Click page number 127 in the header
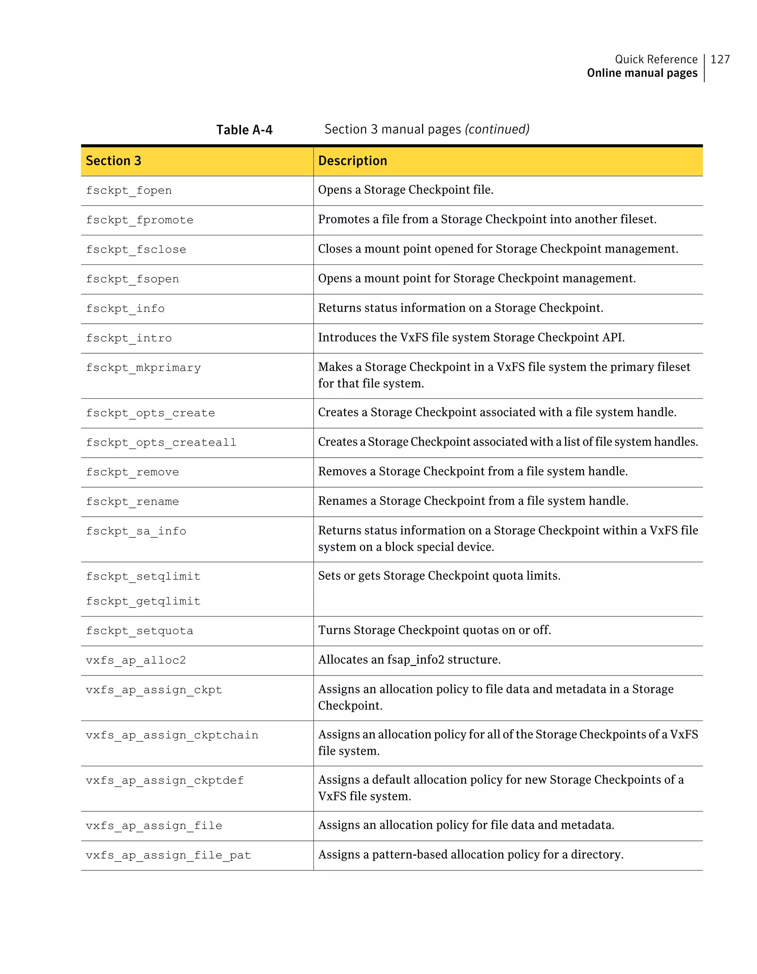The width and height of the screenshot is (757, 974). click(x=720, y=59)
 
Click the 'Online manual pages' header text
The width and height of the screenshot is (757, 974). click(x=642, y=73)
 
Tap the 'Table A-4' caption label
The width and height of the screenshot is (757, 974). click(x=244, y=130)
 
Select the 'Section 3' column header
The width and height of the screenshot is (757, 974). click(x=113, y=161)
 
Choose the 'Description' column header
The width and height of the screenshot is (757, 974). click(x=352, y=161)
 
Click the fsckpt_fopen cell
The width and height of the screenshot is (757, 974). click(x=129, y=191)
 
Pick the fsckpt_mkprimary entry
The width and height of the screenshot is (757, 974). click(x=143, y=368)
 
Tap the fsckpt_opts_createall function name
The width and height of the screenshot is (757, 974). click(x=161, y=442)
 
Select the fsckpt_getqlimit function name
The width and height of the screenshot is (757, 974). click(x=143, y=601)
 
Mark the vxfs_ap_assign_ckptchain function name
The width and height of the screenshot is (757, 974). click(x=172, y=735)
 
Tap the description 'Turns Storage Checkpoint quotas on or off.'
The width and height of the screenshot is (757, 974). click(x=434, y=630)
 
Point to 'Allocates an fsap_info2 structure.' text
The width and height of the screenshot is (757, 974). click(x=409, y=659)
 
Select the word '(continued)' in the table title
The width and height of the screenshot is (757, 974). click(x=497, y=129)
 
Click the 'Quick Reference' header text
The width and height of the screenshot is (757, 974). click(x=656, y=59)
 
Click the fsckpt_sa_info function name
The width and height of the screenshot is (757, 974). click(x=136, y=531)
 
